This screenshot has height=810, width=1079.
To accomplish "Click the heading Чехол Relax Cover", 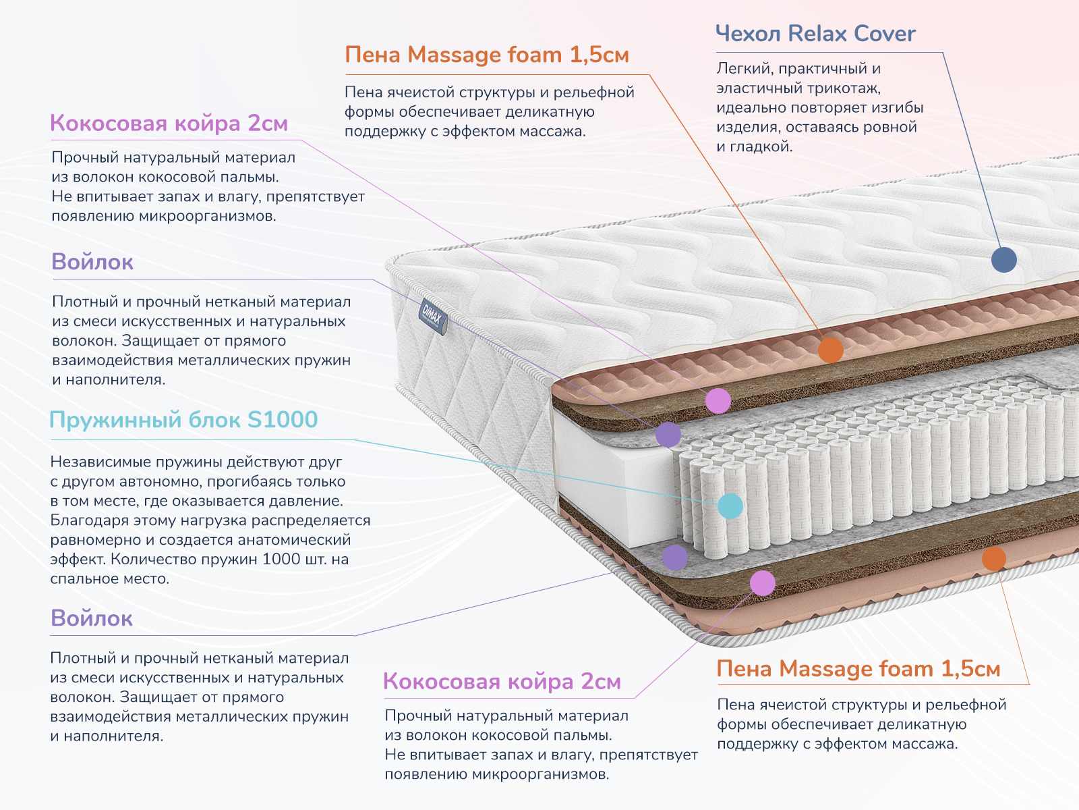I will point(815,34).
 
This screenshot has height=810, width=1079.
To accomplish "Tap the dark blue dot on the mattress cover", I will point(1003,259).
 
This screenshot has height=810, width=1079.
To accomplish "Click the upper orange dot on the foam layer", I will point(831,350).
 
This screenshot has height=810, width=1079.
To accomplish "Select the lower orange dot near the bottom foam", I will point(993,558).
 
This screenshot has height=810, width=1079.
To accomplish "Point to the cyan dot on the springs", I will point(730,506).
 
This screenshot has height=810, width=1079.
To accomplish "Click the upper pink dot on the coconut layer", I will point(718,401).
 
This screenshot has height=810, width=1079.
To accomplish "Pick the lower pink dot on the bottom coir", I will point(763,583).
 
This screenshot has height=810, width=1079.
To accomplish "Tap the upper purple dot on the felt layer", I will point(668,435).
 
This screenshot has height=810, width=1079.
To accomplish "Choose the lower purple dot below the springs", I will point(674,558).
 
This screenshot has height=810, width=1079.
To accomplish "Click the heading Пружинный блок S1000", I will point(183,420).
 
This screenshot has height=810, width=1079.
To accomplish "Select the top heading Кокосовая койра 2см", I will point(169,124).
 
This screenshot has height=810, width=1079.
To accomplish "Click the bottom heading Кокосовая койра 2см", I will point(502,682).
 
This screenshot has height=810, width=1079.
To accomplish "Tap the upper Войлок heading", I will point(92,262).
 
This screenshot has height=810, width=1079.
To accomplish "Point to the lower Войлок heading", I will point(92,618).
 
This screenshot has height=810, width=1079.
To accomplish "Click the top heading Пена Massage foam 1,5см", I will point(486,55).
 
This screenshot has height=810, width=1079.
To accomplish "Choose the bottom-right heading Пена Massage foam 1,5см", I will point(858,669).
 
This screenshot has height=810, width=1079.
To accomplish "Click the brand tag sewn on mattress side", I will point(432,315).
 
